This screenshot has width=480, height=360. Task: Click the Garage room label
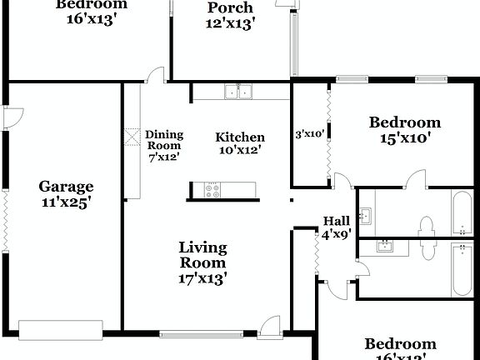point(66,193)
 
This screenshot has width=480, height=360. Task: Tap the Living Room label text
point(202,263)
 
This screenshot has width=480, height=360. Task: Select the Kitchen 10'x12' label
point(240,143)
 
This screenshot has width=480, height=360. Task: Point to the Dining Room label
point(163,145)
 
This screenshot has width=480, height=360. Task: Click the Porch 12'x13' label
point(230,15)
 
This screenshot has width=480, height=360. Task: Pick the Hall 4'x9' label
point(337,227)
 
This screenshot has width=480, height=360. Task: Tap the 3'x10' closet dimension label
point(310,133)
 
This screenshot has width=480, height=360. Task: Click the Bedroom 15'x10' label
point(405,130)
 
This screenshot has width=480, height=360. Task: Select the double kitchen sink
point(239,92)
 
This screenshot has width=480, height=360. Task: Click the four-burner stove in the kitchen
point(212,190)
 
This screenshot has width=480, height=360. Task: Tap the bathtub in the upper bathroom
point(462,213)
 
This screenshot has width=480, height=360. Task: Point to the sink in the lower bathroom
point(385,246)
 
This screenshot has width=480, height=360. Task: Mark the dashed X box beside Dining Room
point(133,137)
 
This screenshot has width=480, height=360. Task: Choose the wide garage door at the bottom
point(61,331)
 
